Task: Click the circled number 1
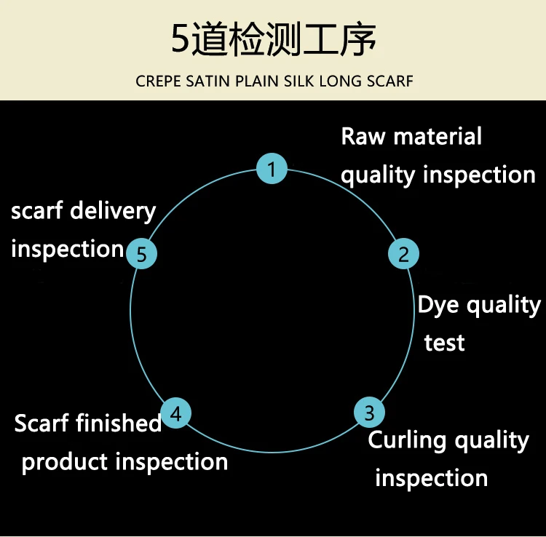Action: click(x=272, y=170)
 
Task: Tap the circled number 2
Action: click(x=403, y=254)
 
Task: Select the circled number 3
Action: click(x=369, y=413)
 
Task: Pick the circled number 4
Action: click(x=175, y=413)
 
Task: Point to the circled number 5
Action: click(x=142, y=254)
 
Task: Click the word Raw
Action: click(x=362, y=136)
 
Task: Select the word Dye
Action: click(x=438, y=306)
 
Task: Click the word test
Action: click(x=444, y=342)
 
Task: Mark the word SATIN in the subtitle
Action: click(x=207, y=80)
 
